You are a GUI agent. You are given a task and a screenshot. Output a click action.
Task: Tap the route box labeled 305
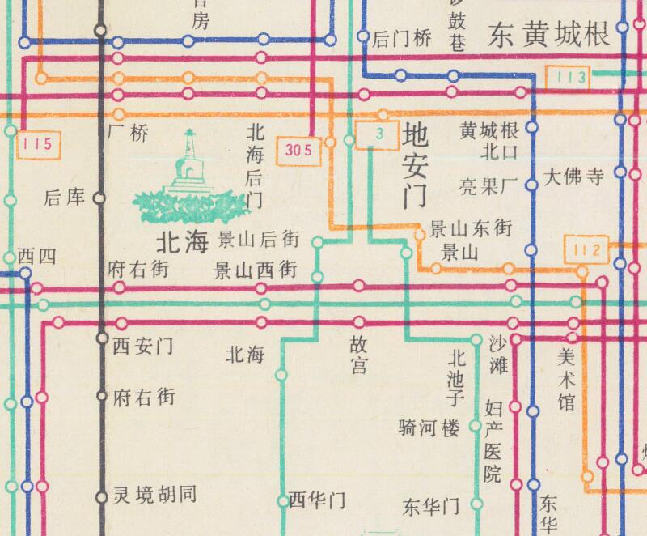[298, 150]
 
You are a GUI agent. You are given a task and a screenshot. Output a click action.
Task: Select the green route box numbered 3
[379, 134]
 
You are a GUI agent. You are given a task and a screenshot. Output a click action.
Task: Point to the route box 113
[571, 78]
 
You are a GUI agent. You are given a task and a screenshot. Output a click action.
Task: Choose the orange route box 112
[588, 250]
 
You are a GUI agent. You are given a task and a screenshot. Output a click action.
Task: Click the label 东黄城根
[548, 35]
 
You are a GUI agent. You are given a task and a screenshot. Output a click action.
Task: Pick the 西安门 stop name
[142, 347]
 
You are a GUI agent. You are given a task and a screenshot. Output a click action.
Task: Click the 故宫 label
[358, 355]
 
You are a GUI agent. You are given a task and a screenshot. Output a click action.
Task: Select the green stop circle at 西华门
[282, 500]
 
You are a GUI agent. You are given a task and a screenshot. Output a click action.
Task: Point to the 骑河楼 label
[429, 428]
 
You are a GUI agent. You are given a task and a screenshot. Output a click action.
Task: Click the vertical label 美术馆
[567, 377]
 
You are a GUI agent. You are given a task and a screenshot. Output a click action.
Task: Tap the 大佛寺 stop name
[574, 178]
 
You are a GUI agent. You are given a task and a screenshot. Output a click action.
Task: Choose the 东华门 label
[431, 508]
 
